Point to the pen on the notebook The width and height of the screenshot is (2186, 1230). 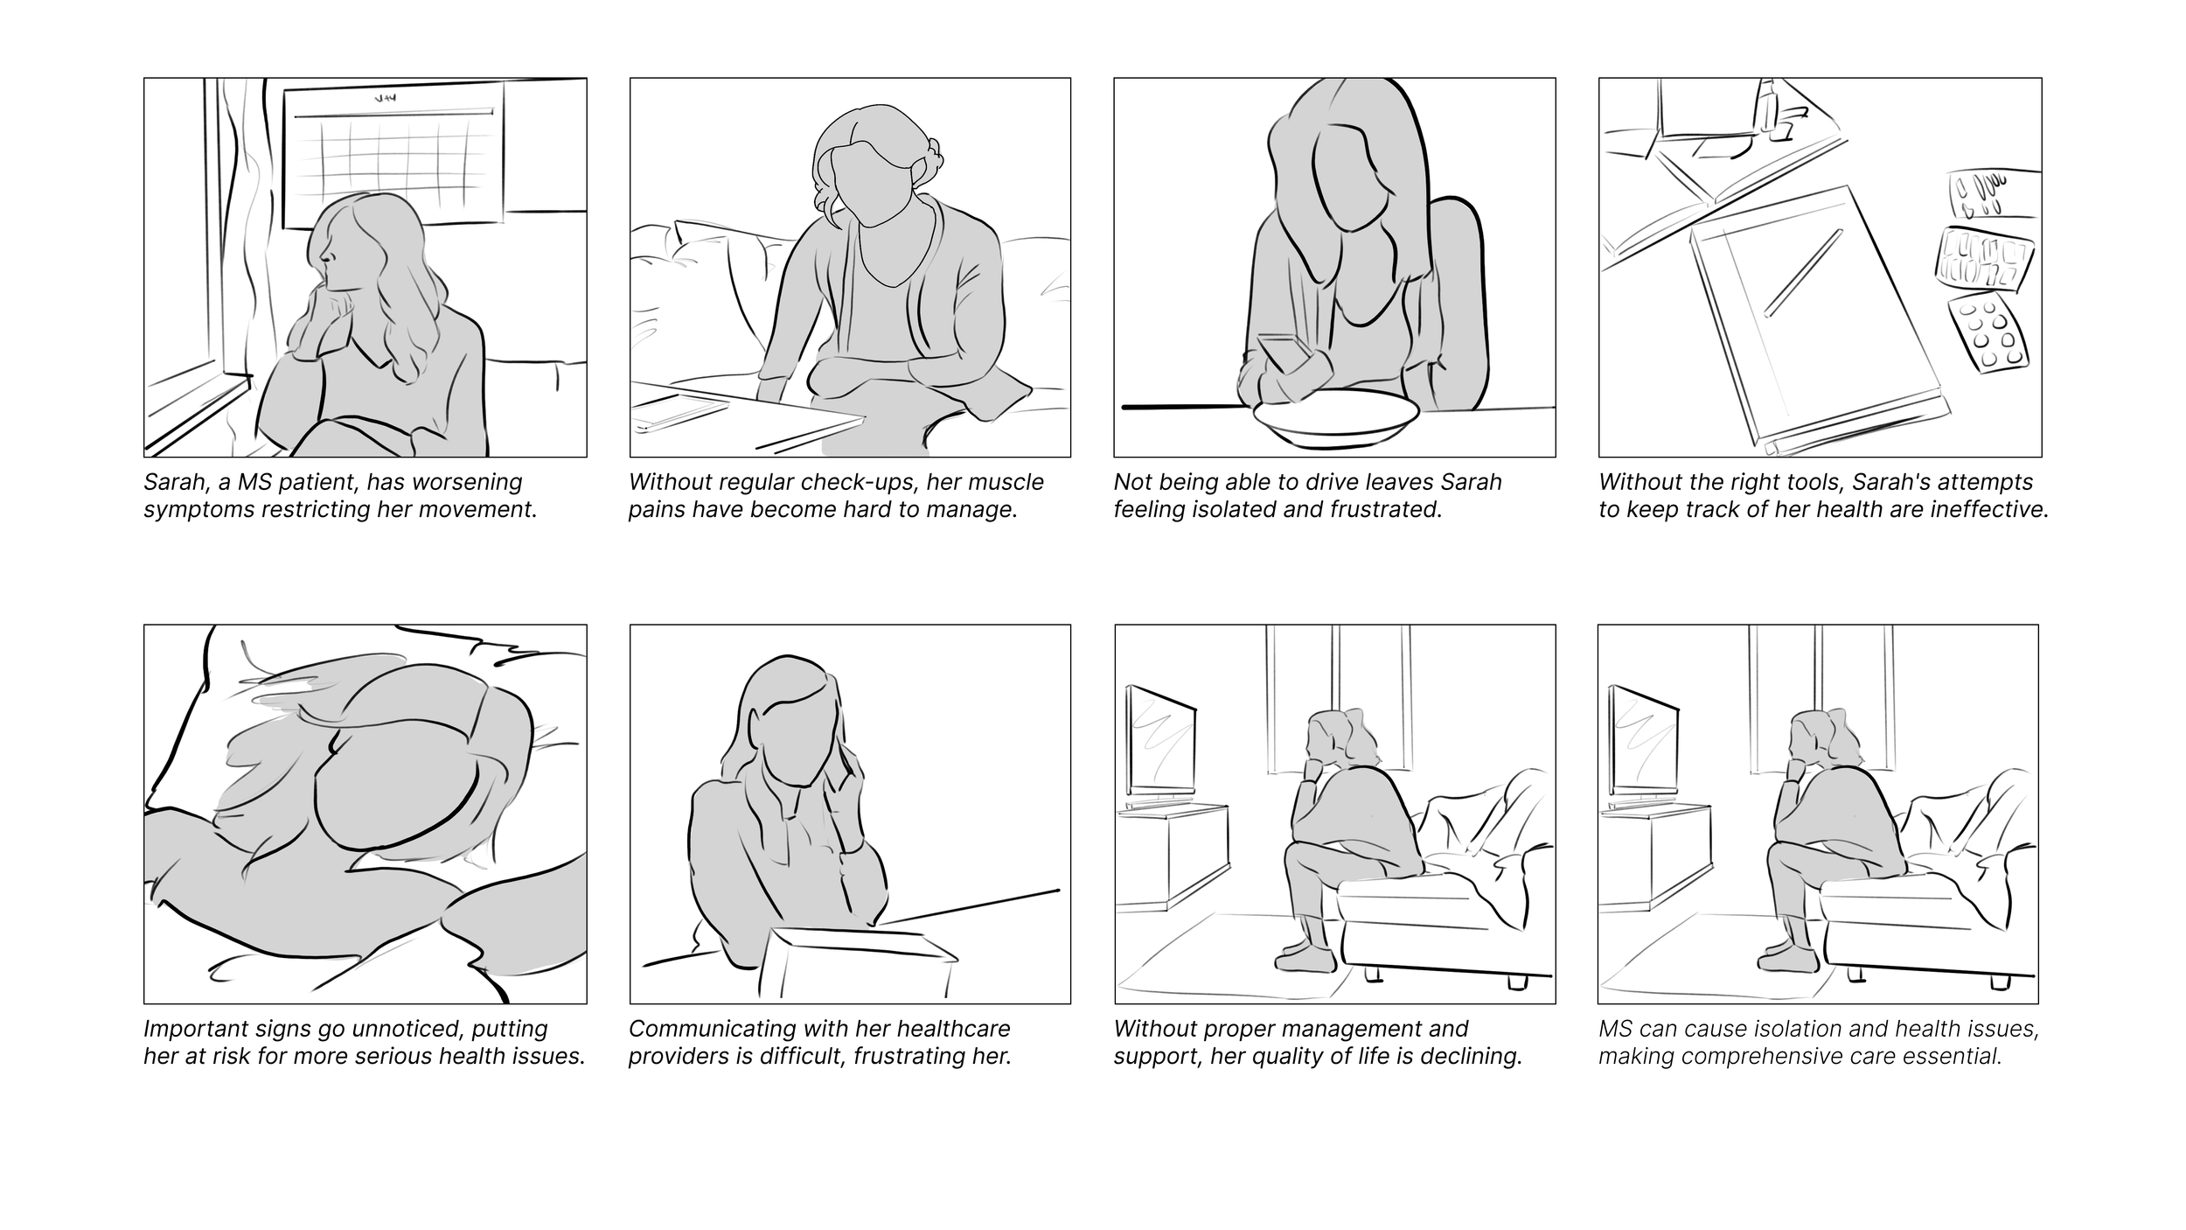(1803, 272)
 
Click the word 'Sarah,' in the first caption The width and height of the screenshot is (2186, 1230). (172, 483)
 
